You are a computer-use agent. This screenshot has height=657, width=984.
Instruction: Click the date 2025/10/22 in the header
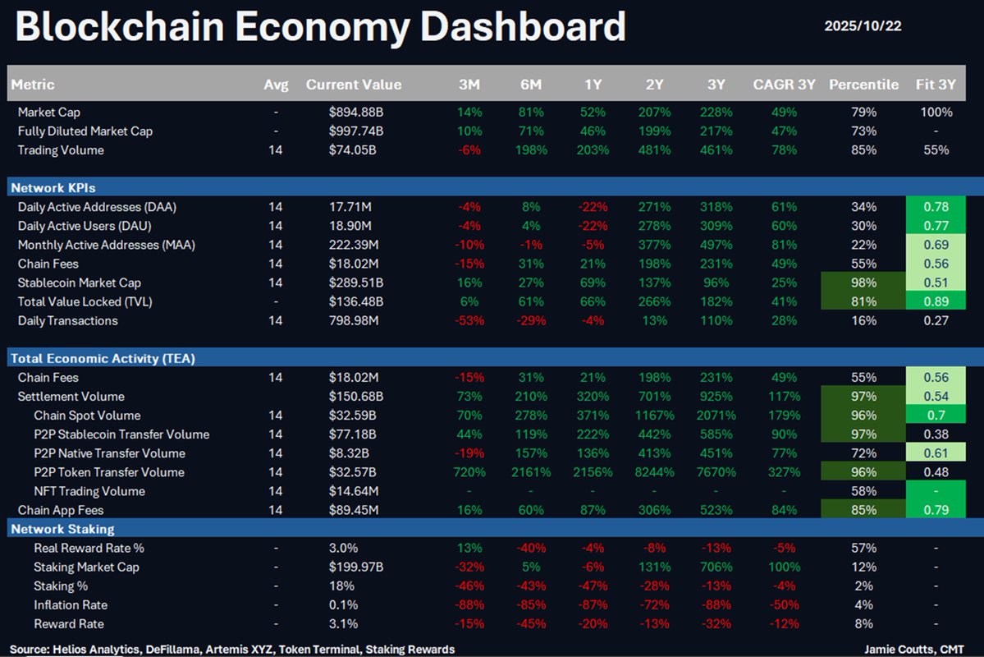click(x=863, y=26)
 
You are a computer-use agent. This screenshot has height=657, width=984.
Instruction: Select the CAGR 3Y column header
click(x=784, y=85)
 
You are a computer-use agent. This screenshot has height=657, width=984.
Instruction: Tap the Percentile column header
click(x=863, y=85)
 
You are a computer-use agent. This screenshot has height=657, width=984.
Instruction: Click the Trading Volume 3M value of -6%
click(x=471, y=150)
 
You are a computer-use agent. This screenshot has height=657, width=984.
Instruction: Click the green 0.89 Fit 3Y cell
click(x=936, y=301)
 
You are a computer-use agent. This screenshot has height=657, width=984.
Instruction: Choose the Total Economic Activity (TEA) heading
click(x=102, y=358)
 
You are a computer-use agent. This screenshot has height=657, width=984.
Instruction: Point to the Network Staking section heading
click(x=62, y=529)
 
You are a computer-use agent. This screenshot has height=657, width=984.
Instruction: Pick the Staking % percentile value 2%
click(x=863, y=586)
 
